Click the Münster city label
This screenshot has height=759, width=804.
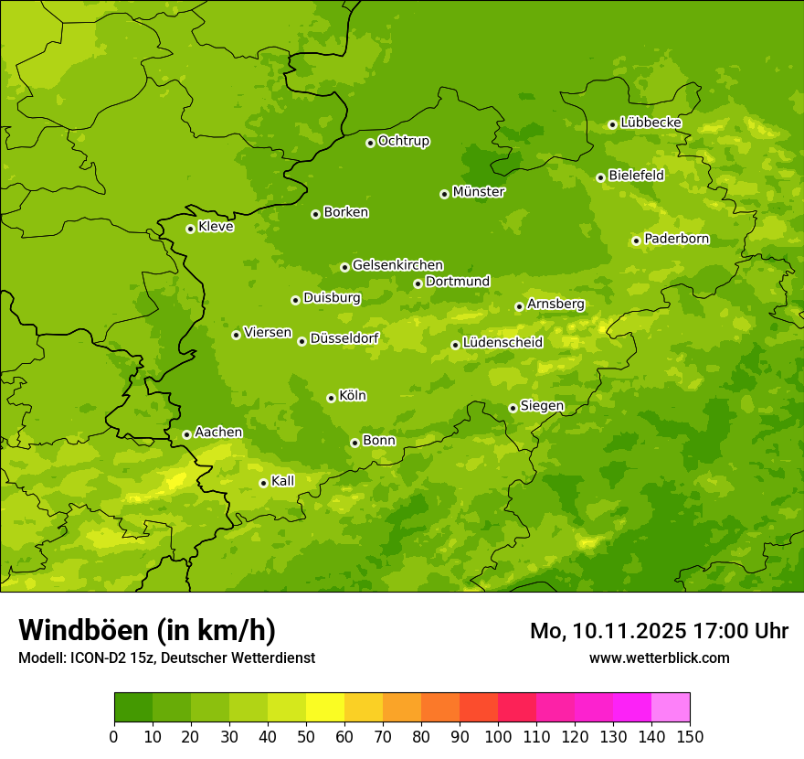(x=479, y=192)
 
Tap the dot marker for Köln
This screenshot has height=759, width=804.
(x=331, y=398)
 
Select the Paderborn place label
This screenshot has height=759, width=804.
(x=676, y=239)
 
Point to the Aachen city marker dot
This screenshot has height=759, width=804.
(x=186, y=434)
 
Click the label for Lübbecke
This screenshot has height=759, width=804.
(x=651, y=123)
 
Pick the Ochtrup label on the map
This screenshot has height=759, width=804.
(x=403, y=141)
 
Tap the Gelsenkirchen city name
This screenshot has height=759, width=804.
(x=397, y=265)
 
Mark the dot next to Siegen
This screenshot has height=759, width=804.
(x=513, y=408)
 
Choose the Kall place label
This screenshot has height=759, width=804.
(x=283, y=481)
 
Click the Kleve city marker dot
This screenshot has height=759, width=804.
(x=190, y=229)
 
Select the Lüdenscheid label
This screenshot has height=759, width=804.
(x=503, y=343)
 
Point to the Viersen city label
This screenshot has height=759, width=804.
(x=268, y=333)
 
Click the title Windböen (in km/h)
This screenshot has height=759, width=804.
(x=147, y=630)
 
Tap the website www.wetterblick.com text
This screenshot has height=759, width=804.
(x=659, y=657)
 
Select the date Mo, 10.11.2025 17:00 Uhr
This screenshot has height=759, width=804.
(x=659, y=631)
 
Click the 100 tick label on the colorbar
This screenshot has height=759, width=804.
(x=498, y=736)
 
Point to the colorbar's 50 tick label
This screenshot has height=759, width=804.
(x=306, y=736)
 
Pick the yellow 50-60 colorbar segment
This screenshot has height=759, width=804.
(x=325, y=708)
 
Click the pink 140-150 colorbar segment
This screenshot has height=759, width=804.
(x=671, y=708)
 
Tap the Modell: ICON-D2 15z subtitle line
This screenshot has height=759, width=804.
(x=166, y=657)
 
